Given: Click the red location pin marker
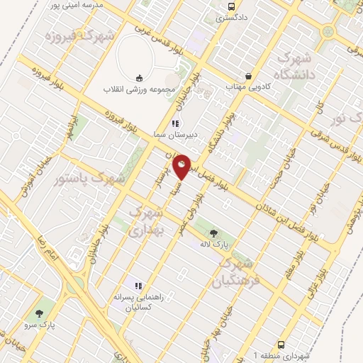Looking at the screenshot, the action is click(x=182, y=167).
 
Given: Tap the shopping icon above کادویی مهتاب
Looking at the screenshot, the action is click(x=248, y=76).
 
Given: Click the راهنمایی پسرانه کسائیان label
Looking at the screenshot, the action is click(x=139, y=303).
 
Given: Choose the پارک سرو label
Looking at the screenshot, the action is click(x=38, y=325).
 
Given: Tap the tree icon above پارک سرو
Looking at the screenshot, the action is click(x=39, y=313).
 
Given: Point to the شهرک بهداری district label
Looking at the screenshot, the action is click(x=147, y=221).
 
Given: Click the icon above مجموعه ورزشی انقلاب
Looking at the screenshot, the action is click(x=138, y=79).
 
